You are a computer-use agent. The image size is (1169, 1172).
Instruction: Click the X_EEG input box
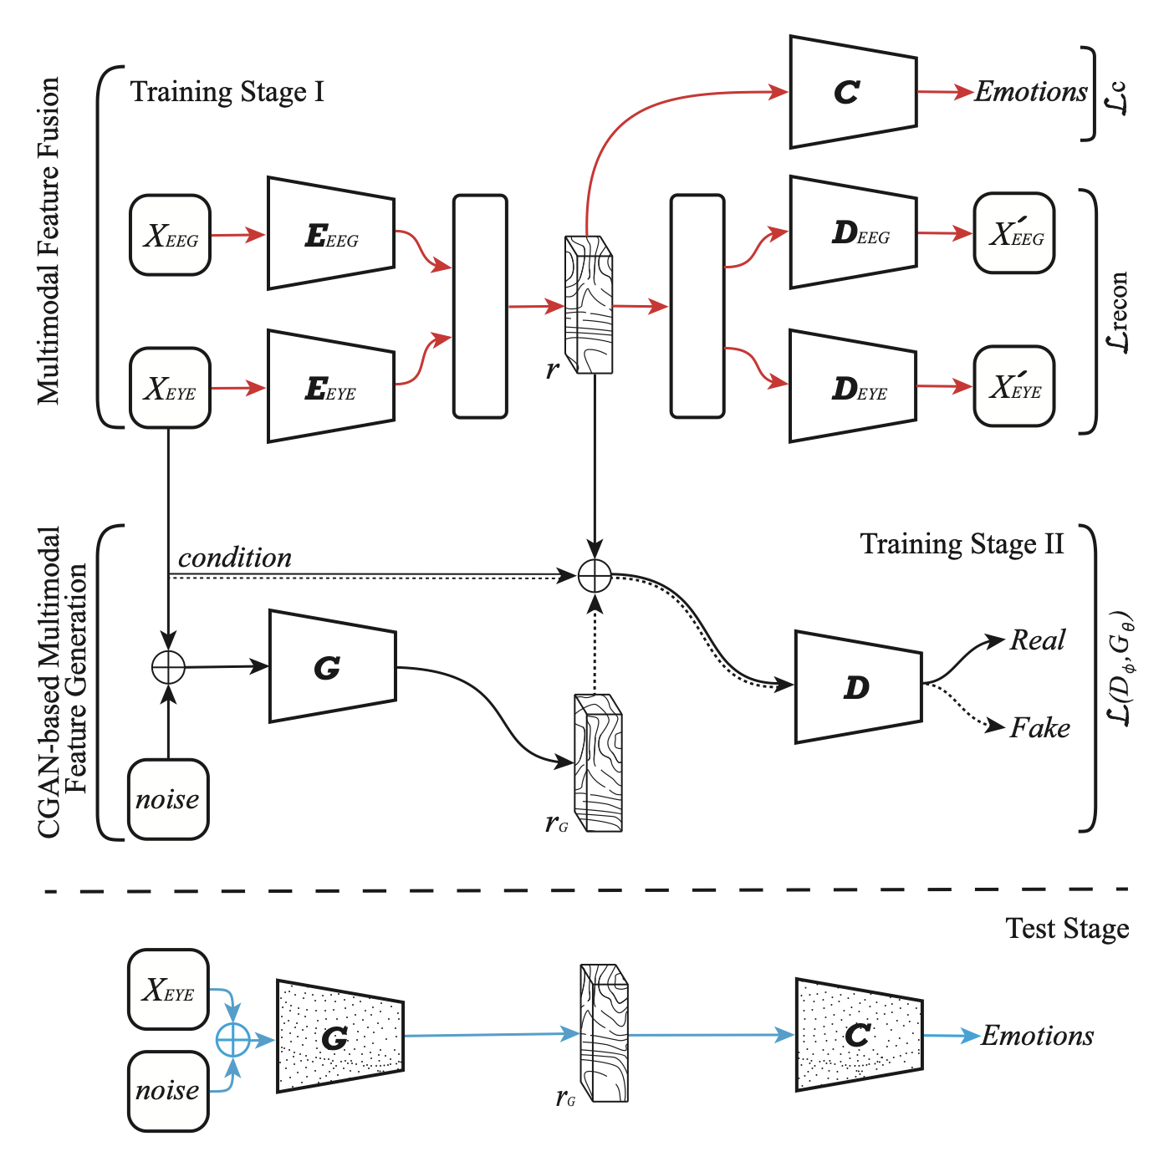171,236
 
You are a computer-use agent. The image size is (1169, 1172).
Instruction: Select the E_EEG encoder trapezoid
331,234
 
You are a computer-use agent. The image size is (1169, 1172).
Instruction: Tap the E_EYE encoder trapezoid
331,387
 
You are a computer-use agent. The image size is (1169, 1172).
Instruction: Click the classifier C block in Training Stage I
853,92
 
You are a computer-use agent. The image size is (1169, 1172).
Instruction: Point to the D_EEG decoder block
853,233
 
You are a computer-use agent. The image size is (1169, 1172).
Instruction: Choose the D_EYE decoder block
853,387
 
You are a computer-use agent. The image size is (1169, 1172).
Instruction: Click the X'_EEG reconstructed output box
1014,234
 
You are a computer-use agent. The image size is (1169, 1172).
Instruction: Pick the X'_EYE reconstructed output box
1014,387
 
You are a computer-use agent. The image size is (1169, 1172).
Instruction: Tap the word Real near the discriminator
1037,640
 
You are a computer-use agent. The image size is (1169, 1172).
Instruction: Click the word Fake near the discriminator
1039,728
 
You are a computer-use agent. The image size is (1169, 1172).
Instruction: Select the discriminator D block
858,687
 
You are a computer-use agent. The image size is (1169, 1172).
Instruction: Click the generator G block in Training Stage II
332,666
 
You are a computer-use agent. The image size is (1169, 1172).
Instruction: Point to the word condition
235,558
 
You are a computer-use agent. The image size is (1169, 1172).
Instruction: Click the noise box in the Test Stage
168,1091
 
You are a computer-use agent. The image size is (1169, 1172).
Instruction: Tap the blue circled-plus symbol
233,1040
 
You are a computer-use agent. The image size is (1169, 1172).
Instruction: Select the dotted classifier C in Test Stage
859,1036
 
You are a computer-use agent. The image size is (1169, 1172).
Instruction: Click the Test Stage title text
1067,929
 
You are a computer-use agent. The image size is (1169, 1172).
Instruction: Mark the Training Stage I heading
227,91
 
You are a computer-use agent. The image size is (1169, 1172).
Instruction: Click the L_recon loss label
1117,312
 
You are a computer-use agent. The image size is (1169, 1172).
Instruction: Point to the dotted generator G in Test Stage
339,1037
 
